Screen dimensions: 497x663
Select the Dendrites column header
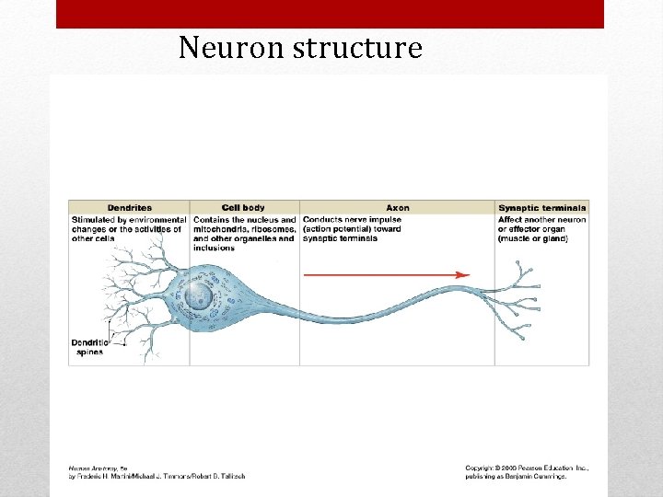pos(129,208)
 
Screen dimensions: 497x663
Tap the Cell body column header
pos(243,208)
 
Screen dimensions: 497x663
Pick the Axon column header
pos(398,208)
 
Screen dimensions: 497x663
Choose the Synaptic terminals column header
pos(542,208)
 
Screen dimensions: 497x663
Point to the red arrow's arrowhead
pos(463,274)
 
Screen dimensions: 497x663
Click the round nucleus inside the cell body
pos(197,295)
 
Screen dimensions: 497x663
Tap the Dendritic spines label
pos(88,347)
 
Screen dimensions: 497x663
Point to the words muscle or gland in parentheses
pos(533,238)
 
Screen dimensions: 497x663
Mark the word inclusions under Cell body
pos(214,248)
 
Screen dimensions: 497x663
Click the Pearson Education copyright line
pos(527,468)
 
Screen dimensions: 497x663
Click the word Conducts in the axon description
pos(321,220)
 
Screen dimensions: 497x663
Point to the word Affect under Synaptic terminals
pos(510,220)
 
